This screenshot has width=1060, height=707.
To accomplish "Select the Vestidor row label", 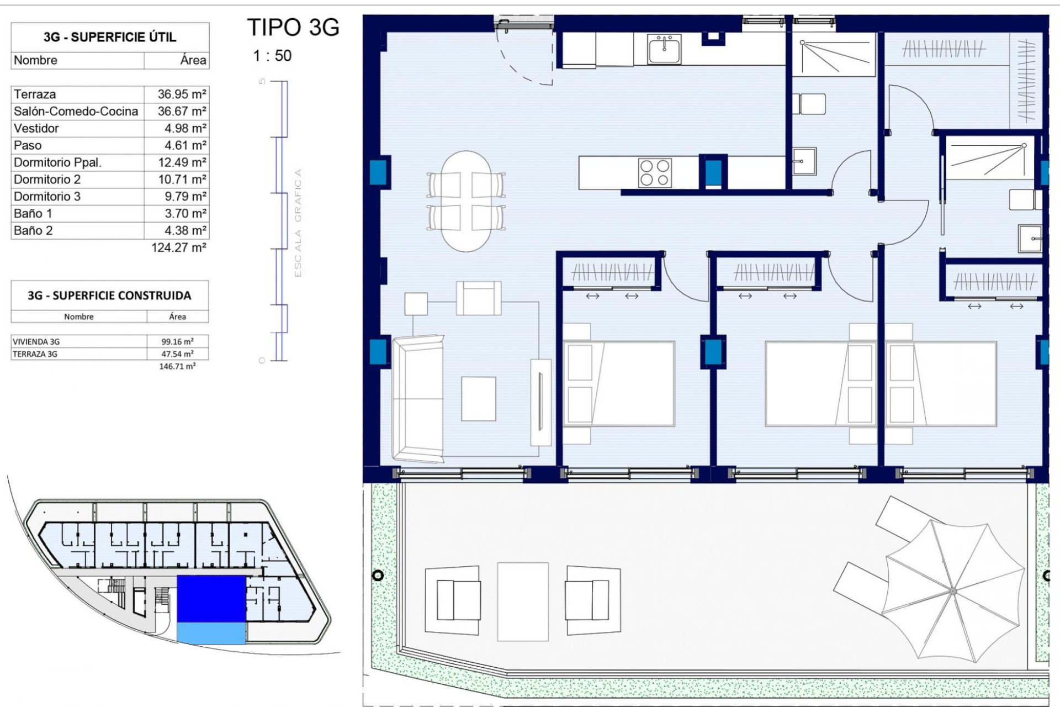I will pos(36,128).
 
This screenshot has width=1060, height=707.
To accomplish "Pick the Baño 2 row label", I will pos(33,230).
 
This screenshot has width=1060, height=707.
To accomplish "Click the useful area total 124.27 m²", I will pos(178,247).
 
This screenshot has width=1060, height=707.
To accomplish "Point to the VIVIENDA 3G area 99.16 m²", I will pos(177,341).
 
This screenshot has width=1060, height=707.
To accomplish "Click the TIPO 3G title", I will pos(293,28).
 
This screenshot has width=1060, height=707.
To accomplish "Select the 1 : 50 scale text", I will pos(272,56).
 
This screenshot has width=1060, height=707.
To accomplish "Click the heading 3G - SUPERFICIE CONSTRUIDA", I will pos(109,296).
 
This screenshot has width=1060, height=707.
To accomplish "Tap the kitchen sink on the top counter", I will pos(665,50).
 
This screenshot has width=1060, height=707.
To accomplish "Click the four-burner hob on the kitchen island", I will pos(655,173).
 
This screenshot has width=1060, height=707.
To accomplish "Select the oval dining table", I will pos(467,201).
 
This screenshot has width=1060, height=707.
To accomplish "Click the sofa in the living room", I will pos(418,398).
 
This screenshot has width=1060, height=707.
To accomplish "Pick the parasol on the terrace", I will pos(953,590).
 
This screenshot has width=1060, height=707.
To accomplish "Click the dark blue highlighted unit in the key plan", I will pos(211,598).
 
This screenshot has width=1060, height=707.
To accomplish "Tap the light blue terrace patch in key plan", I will pos(211,633).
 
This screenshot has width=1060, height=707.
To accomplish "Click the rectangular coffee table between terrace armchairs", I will pos(523,602).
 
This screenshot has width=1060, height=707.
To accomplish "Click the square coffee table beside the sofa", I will pos(478,399).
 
